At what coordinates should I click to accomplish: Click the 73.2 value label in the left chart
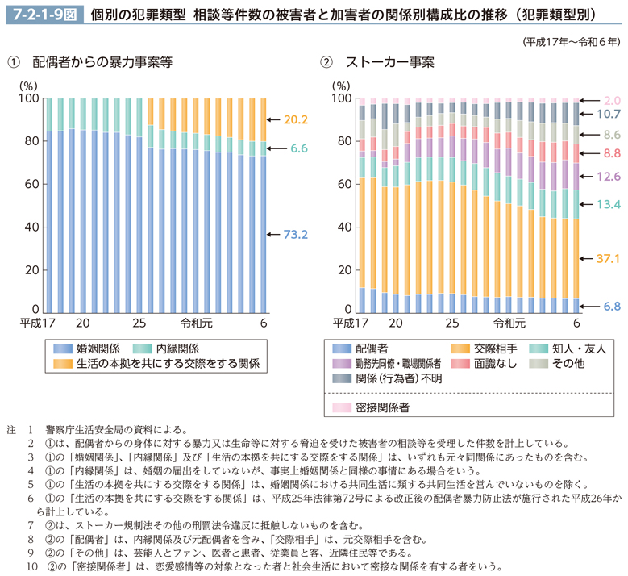click(x=297, y=236)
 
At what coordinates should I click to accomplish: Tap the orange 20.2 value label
click(x=297, y=119)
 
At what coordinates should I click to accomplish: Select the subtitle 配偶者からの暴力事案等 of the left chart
click(x=102, y=62)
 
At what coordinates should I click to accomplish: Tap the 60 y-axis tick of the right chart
click(x=343, y=184)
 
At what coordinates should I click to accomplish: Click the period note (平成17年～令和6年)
click(x=571, y=40)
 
